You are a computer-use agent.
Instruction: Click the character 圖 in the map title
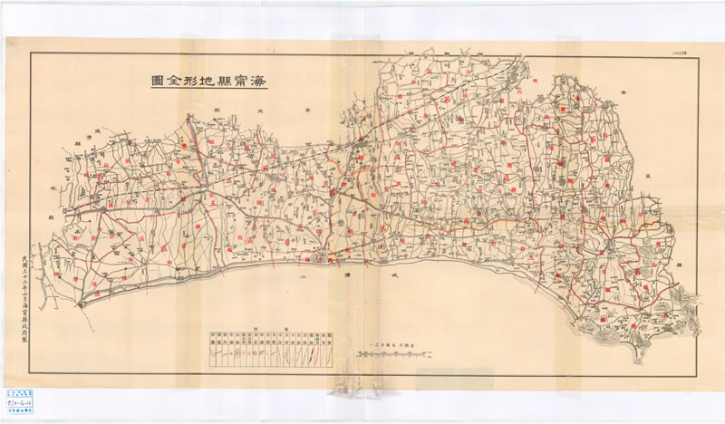click(x=158, y=81)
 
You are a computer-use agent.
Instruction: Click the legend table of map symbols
click(x=272, y=345)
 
